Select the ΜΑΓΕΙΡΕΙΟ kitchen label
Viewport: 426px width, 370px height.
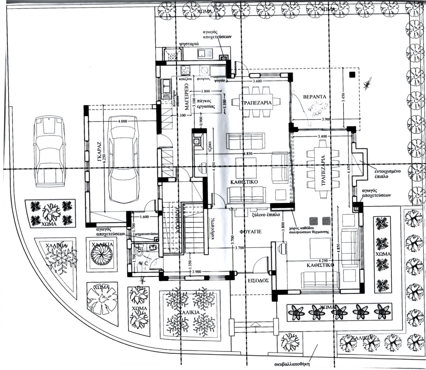[187, 97]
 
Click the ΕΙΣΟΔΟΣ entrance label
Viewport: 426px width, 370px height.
[259, 280]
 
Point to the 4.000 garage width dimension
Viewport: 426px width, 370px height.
[122, 121]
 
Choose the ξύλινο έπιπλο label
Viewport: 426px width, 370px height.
[266, 215]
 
